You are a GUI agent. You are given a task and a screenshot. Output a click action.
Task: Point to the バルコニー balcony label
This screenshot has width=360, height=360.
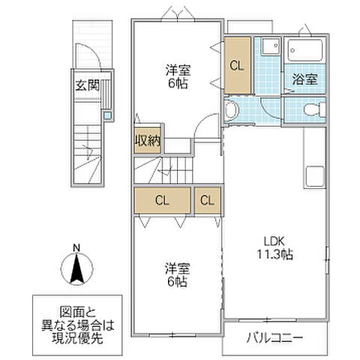click(274, 338)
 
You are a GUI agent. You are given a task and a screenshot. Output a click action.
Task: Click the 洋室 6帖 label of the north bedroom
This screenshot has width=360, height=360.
click(177, 76)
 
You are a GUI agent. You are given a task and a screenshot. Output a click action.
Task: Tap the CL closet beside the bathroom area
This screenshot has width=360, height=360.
click(236, 65)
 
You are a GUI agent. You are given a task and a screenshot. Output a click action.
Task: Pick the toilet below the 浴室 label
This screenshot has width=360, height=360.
click(314, 110)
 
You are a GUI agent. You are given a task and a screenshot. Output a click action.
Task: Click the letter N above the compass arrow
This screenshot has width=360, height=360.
click(76, 248)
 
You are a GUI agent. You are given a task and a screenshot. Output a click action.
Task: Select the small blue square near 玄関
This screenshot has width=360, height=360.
click(107, 115)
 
